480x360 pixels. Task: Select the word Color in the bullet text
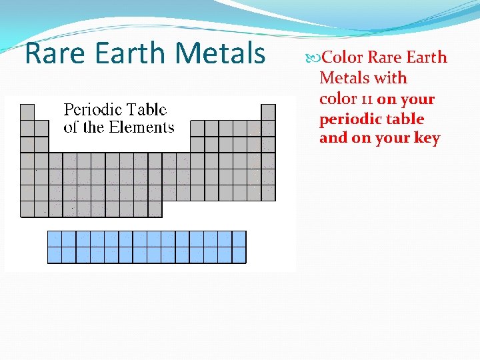[x=343, y=57]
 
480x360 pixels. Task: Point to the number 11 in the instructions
[x=366, y=99]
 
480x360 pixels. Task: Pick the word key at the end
[x=427, y=139]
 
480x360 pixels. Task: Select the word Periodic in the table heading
[x=91, y=110]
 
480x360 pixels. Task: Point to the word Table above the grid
[x=145, y=110]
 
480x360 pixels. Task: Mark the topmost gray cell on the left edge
[x=27, y=112]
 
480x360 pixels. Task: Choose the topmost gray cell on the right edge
[x=268, y=112]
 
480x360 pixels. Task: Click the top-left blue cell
[x=55, y=239]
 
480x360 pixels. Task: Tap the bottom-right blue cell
[x=239, y=255]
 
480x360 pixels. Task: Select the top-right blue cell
[x=239, y=239]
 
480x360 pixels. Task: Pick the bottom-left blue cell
[x=55, y=255]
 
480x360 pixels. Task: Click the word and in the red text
[x=333, y=139]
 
